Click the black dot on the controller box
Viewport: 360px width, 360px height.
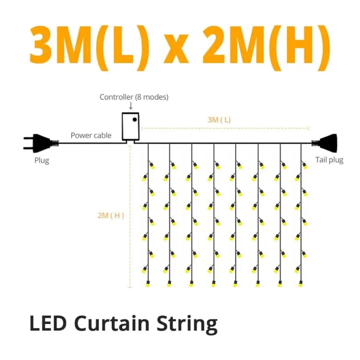pos(135,119)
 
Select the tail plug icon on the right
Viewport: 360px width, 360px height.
pos(324,143)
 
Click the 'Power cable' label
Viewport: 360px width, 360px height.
pos(91,135)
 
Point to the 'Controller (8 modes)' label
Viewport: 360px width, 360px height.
pos(134,97)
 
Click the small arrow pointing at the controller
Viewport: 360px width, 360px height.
pos(131,106)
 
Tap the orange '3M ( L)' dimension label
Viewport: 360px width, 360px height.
pos(219,120)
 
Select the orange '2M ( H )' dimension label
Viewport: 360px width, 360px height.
pos(111,215)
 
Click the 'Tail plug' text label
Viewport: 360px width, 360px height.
pos(329,160)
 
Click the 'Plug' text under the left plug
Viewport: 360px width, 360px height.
pos(42,160)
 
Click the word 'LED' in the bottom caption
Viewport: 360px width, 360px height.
pos(48,323)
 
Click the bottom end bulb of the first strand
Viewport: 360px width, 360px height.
pos(148,284)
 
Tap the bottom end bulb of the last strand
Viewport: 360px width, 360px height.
pos(301,284)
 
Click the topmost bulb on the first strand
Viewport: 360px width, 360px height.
pos(152,165)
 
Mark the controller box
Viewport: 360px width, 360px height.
pos(130,127)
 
